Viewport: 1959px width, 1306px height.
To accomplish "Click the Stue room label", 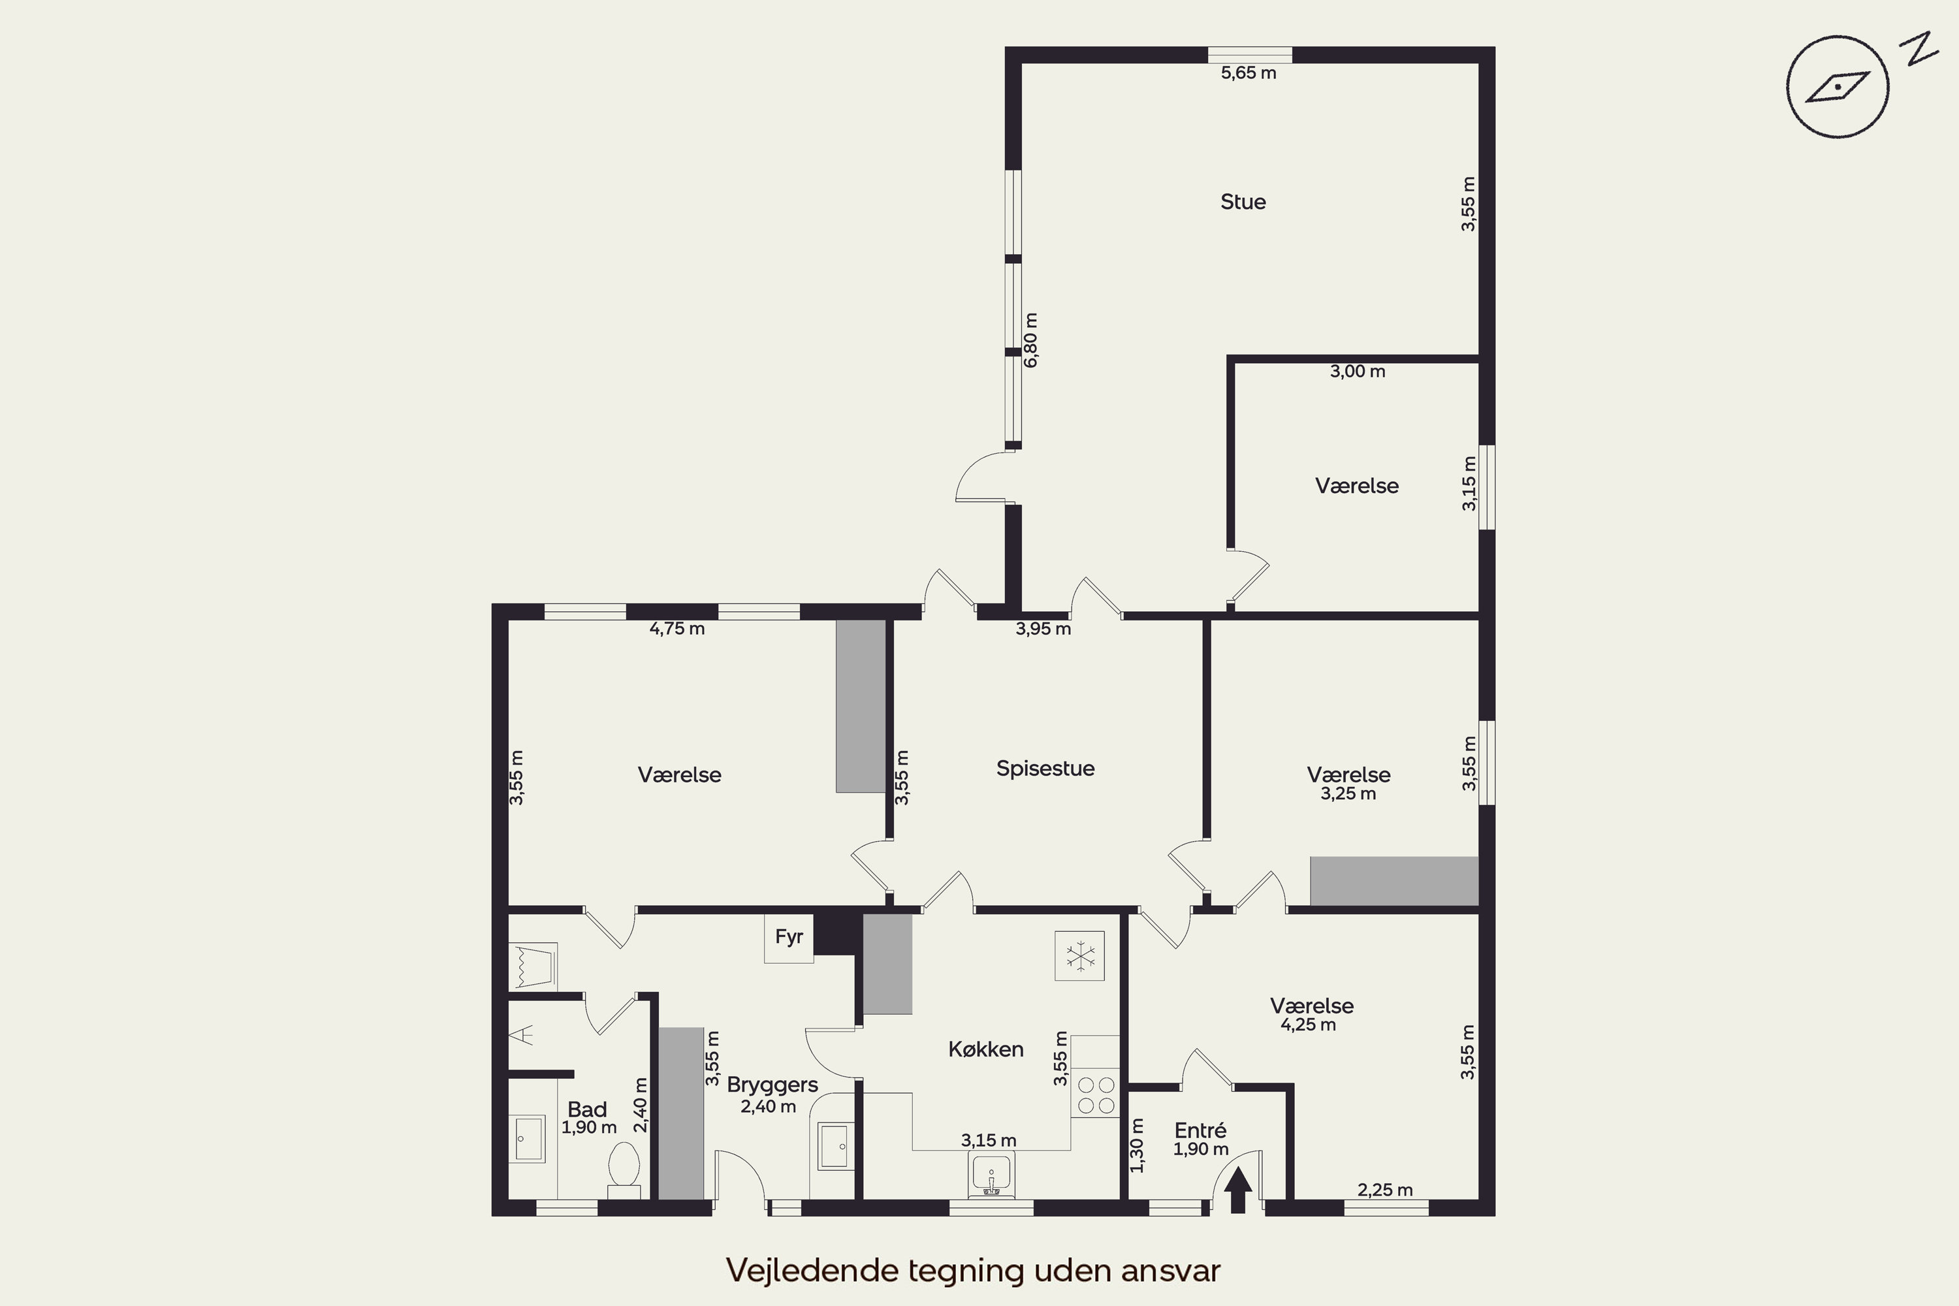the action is (1243, 202).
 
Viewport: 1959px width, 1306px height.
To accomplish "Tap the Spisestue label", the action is (1045, 768).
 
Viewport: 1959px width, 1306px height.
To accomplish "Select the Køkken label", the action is (985, 1049).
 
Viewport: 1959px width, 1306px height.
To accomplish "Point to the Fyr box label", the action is (789, 937).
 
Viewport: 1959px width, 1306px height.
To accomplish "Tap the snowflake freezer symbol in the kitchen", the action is (1079, 956).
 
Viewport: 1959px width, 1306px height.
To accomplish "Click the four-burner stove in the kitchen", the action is (1095, 1094).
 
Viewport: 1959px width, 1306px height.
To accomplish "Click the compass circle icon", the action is (1838, 87).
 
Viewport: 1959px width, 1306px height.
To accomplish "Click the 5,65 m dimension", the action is (1249, 73).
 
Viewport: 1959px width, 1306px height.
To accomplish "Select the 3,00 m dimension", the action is (1358, 372).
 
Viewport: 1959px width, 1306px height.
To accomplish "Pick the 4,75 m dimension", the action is (677, 629).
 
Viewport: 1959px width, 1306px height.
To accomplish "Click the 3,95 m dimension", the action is (1043, 629).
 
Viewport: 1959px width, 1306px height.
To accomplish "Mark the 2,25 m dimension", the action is (1385, 1190).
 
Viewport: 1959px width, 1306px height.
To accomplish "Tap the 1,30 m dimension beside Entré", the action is (1137, 1145).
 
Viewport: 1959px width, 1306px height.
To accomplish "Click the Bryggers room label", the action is (772, 1085).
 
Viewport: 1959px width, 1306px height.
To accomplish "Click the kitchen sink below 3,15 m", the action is (991, 1173).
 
